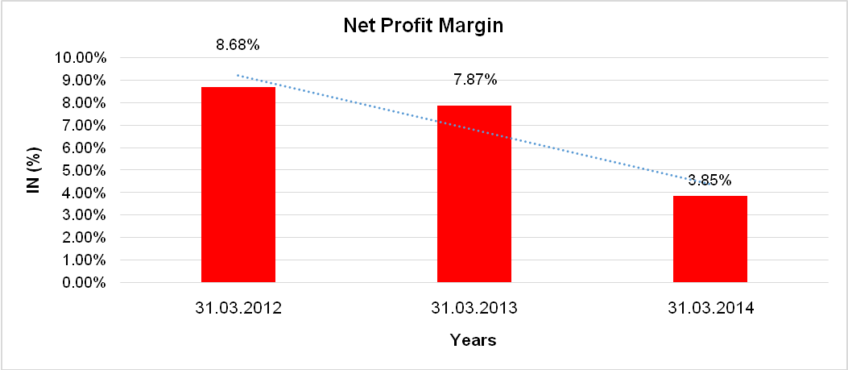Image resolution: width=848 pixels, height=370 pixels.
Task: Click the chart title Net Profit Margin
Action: (x=423, y=26)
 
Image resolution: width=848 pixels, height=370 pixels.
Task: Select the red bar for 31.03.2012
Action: (x=238, y=185)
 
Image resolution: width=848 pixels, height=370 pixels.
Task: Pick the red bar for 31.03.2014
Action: (x=710, y=239)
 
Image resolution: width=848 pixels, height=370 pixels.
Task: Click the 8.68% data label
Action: (x=238, y=45)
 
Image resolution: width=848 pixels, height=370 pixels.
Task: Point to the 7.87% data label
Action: (x=474, y=80)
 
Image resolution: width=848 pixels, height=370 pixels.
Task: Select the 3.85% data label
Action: (x=709, y=181)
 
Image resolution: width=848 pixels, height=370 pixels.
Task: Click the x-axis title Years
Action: (x=473, y=340)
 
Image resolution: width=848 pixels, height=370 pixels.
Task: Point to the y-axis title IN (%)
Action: (x=35, y=170)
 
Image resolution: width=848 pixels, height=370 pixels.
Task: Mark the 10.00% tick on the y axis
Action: (x=81, y=58)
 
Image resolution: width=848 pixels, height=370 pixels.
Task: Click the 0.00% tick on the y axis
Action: (x=84, y=283)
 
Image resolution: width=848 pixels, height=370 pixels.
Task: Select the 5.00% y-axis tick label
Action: (x=84, y=171)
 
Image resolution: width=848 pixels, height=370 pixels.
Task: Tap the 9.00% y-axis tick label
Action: (x=84, y=81)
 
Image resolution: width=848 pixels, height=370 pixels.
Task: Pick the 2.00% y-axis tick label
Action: (x=84, y=238)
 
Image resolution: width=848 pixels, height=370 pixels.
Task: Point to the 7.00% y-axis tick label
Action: (x=84, y=126)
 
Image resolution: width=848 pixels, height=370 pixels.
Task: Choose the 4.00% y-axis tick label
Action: (x=84, y=193)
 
